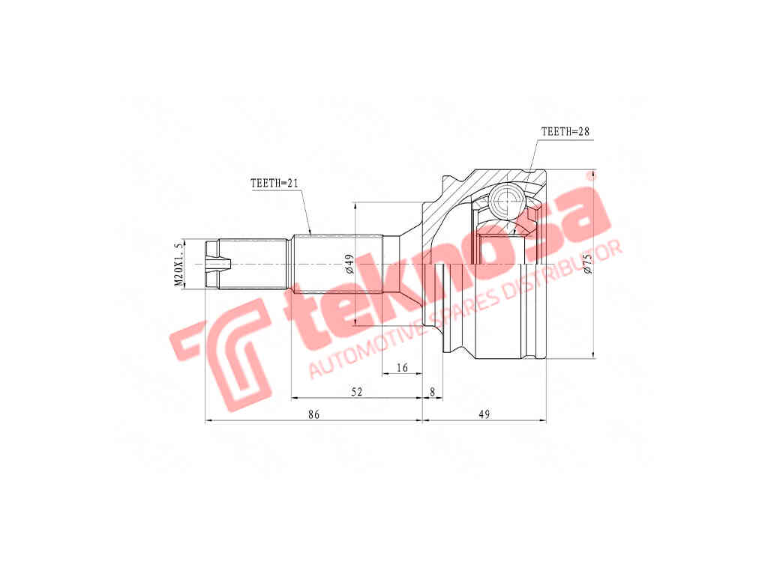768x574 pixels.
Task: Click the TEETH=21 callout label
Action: pyautogui.click(x=274, y=184)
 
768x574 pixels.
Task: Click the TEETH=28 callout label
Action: pyautogui.click(x=565, y=132)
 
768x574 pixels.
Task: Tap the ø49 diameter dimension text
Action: pyautogui.click(x=349, y=265)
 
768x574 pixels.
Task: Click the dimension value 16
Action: pyautogui.click(x=402, y=367)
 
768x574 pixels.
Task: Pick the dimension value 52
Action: pyautogui.click(x=357, y=392)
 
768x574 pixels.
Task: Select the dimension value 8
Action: pyautogui.click(x=433, y=392)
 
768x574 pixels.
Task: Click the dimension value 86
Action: pyautogui.click(x=314, y=414)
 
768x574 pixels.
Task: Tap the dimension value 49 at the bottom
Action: pyautogui.click(x=484, y=414)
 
